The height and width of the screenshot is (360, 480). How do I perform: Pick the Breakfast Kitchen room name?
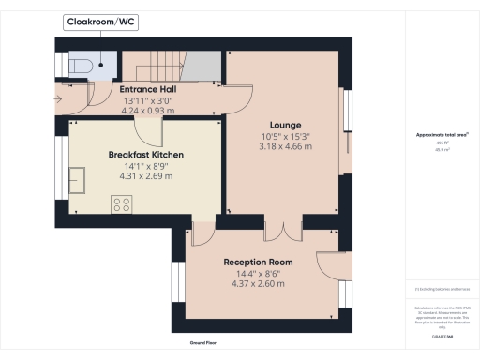[x=144, y=154]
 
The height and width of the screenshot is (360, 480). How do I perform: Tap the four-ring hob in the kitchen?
[x=121, y=203]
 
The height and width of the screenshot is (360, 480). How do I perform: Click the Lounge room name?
[x=284, y=124]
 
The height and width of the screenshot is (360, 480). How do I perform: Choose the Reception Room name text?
[x=257, y=262]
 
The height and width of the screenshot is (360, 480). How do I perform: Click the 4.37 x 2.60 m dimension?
[x=257, y=282]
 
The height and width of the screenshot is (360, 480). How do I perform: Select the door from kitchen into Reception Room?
[x=202, y=227]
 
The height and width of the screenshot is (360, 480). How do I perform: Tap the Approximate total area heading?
[x=442, y=134]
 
